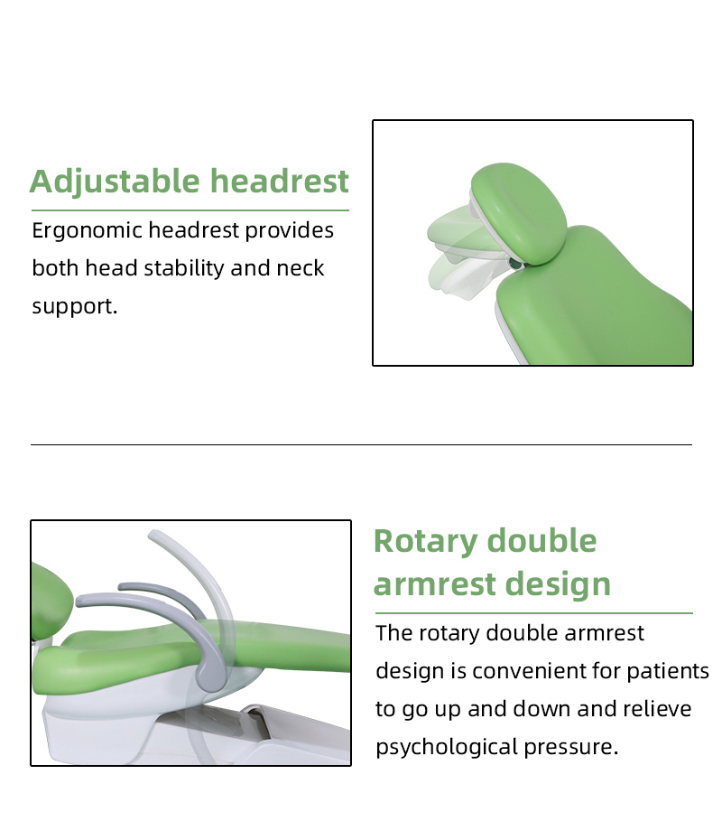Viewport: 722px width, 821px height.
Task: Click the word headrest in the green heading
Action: [280, 181]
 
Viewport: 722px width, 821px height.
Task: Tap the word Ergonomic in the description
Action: [87, 231]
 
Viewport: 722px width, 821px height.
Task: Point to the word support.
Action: [74, 307]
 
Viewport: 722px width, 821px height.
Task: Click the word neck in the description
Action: [300, 268]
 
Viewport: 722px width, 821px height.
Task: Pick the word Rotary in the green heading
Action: [425, 541]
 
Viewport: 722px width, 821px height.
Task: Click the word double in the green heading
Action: [541, 541]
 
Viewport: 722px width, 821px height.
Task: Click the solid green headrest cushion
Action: [522, 212]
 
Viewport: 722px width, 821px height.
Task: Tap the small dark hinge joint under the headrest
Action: [515, 263]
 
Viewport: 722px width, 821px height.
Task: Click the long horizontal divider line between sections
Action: [361, 444]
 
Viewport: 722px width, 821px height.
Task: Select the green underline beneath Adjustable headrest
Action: [190, 210]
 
